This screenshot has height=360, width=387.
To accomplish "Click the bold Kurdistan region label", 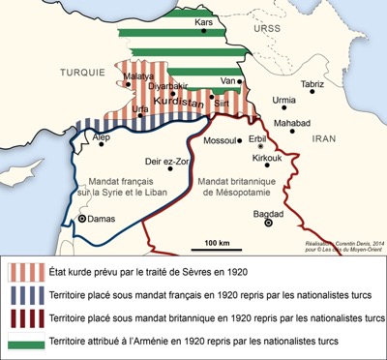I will [192, 101].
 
